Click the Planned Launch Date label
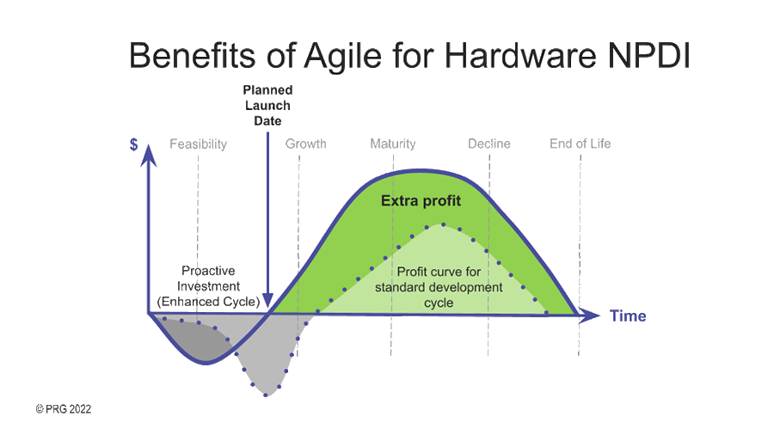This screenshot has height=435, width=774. [267, 105]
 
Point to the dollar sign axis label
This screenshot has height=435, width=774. [134, 144]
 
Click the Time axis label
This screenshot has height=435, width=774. [628, 316]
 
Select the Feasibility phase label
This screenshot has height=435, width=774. [198, 144]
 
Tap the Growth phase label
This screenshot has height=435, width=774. [305, 144]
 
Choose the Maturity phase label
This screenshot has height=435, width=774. [392, 144]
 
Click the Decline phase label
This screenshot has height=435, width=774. [488, 144]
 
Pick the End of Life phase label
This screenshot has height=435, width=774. [580, 144]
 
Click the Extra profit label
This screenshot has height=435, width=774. [421, 201]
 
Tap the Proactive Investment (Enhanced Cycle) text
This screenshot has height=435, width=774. [209, 286]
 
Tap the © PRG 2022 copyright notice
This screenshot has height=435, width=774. [63, 409]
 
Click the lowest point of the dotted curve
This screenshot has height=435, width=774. [267, 395]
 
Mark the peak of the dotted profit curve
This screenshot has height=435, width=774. [442, 224]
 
